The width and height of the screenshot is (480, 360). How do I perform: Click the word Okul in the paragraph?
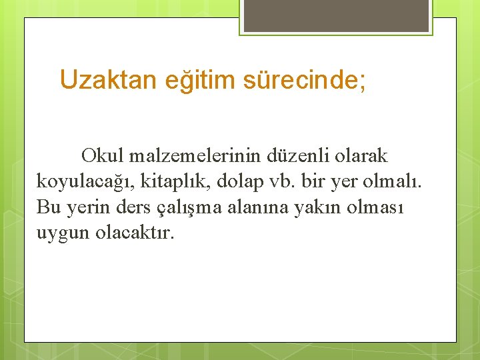tap(103, 156)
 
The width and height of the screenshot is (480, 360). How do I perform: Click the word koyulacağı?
tap(87, 182)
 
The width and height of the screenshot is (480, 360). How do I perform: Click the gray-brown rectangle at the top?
tap(336, 15)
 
